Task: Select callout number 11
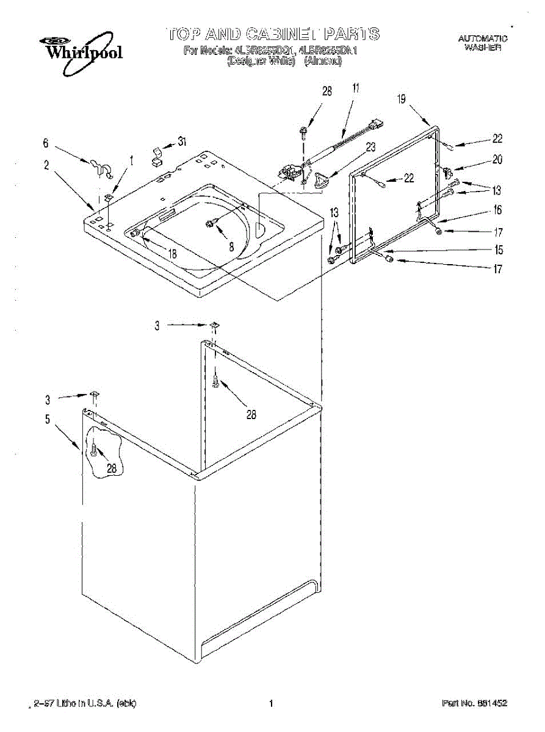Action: point(355,87)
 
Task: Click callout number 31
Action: point(181,141)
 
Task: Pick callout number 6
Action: point(46,143)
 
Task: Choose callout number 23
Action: point(370,146)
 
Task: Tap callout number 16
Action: point(497,210)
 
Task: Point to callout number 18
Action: point(173,254)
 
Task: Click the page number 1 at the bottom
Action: point(270,703)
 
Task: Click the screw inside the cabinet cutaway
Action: point(93,451)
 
